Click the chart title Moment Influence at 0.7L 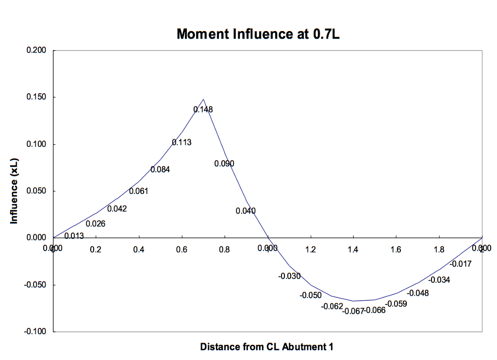tap(258, 34)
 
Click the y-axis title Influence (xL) tap(14, 191)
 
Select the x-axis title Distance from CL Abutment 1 tap(266, 347)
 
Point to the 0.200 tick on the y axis tap(36, 51)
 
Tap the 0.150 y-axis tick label tap(36, 97)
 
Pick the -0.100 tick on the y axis tap(35, 331)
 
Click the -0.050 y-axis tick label tap(35, 285)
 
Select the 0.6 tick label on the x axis tap(182, 250)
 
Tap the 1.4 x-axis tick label tap(353, 250)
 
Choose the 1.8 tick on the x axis tap(439, 250)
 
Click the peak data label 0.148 tap(203, 110)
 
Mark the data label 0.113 tap(182, 142)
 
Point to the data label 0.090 tap(224, 164)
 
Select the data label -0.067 tap(353, 311)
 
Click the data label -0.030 tap(289, 276)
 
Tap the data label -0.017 tap(461, 264)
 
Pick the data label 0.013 tap(74, 236)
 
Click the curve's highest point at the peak tap(203, 99)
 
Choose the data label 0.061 tap(138, 191)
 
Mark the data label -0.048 tap(417, 293)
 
